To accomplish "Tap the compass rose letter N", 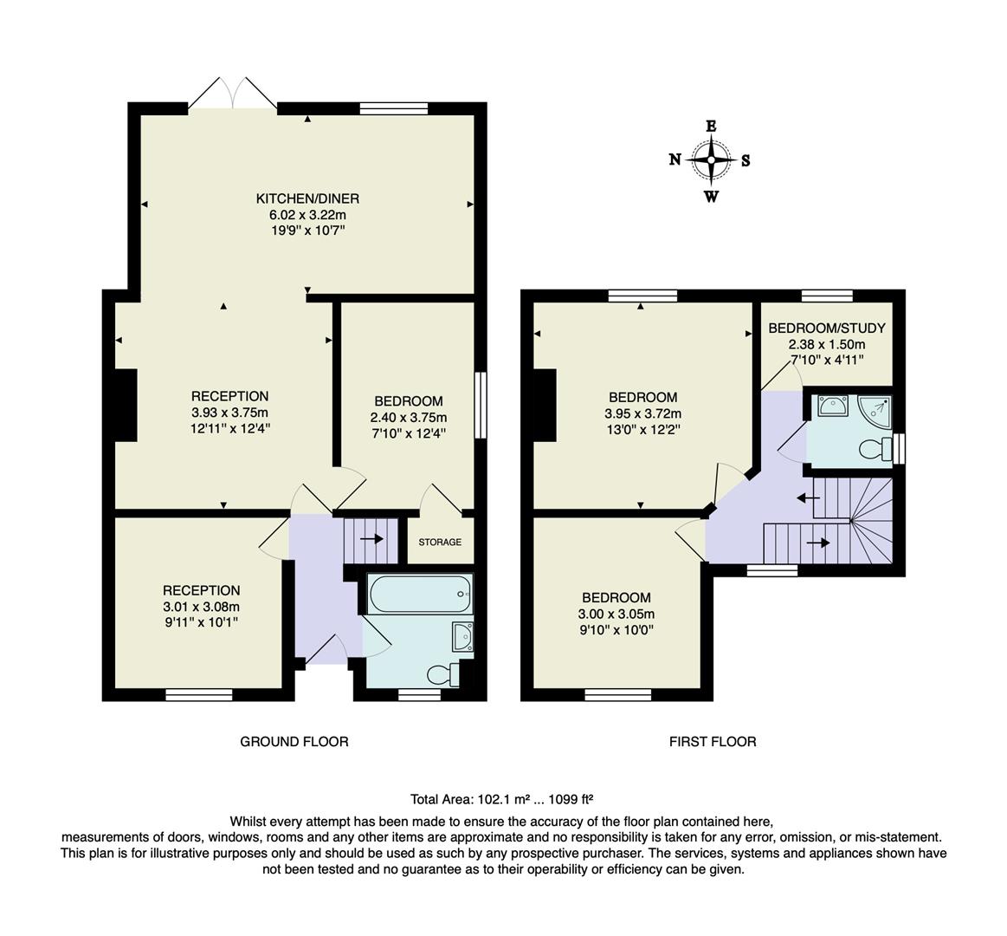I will (x=675, y=159).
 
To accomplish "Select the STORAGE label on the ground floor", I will (x=440, y=543).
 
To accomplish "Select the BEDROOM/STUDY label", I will (x=826, y=328).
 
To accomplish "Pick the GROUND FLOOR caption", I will (x=294, y=742).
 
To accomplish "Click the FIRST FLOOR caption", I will (x=713, y=742).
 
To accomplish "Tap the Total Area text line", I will (x=500, y=800).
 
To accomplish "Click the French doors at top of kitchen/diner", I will (x=232, y=92).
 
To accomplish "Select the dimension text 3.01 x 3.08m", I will (x=201, y=607).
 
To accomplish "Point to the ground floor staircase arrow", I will (x=372, y=538).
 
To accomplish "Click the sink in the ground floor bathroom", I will (x=462, y=638).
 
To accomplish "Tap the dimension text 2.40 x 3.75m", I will (x=408, y=418).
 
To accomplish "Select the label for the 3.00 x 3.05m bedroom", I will (x=616, y=598).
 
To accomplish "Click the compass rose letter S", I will (x=746, y=159).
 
